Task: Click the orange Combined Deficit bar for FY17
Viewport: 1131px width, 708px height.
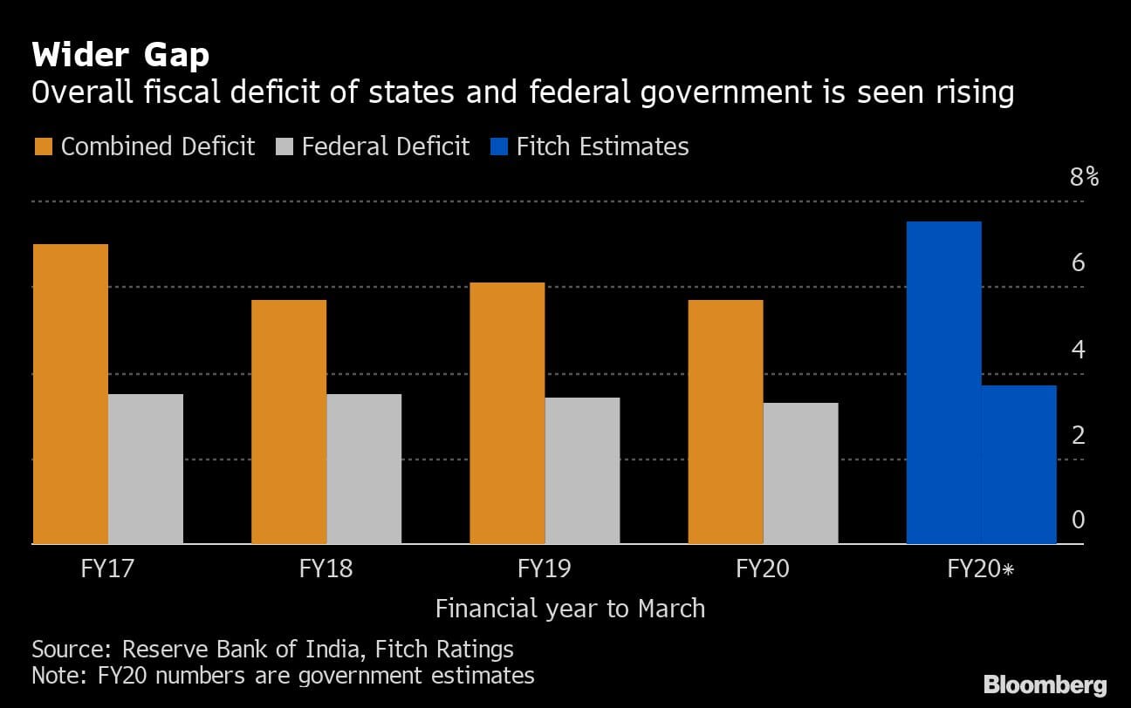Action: point(71,394)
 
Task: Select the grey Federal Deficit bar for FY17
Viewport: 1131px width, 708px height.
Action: point(146,469)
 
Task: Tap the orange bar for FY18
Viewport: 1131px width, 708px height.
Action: point(289,422)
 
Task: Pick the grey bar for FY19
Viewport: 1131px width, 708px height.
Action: point(582,471)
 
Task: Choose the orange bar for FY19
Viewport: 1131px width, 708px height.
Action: point(507,413)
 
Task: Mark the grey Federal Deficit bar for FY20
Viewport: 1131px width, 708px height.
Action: point(800,473)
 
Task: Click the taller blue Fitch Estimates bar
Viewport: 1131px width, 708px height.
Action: point(944,383)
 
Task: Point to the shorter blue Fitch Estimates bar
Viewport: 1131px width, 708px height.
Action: point(1018,465)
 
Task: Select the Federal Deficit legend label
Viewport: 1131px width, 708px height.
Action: point(386,146)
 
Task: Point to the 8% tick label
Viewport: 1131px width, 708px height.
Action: point(1084,178)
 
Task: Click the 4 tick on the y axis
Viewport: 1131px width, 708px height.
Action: point(1078,350)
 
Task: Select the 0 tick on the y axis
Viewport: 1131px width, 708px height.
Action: point(1078,521)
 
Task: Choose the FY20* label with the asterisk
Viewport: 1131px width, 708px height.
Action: point(981,570)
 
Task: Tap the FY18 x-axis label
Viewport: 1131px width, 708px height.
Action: point(326,570)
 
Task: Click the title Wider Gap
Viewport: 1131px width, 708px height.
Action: point(120,56)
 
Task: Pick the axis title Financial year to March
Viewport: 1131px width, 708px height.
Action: point(570,608)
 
